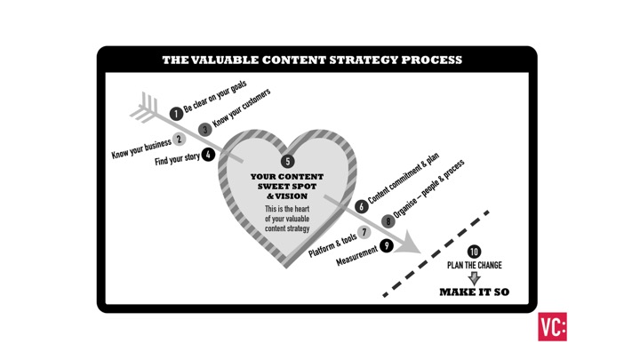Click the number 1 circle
[176, 114]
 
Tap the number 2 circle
[179, 140]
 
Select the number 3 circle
[205, 130]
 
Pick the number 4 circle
[208, 155]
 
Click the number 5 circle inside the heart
[287, 162]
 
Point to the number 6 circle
[362, 206]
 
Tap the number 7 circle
[364, 233]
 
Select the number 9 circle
[387, 246]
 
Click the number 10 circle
[474, 252]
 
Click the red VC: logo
[552, 326]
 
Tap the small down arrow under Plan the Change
[474, 278]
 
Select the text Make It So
[474, 292]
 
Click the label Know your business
[141, 148]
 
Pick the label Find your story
[178, 160]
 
